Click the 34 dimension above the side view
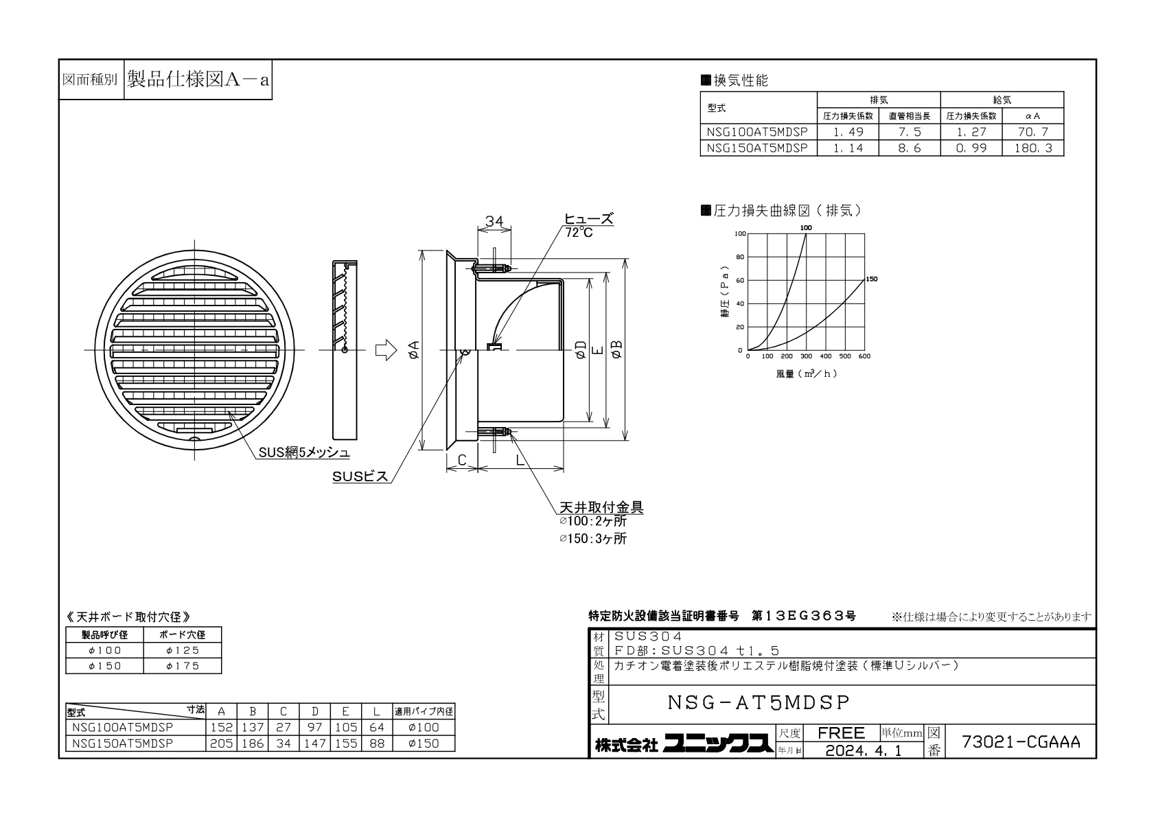(494, 221)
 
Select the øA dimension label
(413, 349)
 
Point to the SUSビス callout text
(360, 476)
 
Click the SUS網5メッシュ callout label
(304, 452)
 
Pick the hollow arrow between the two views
(386, 350)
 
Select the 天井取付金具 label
(601, 507)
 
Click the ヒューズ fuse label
(588, 219)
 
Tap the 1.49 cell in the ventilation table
(848, 132)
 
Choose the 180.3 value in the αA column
(1032, 148)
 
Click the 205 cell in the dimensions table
(221, 744)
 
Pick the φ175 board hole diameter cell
(182, 666)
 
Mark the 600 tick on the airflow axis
(864, 356)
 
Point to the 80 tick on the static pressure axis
(740, 257)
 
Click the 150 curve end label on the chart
(871, 279)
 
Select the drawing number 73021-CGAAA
(1021, 741)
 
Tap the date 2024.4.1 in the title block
(864, 750)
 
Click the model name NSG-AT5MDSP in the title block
(759, 702)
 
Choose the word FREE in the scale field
(841, 733)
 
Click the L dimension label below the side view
(520, 459)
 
